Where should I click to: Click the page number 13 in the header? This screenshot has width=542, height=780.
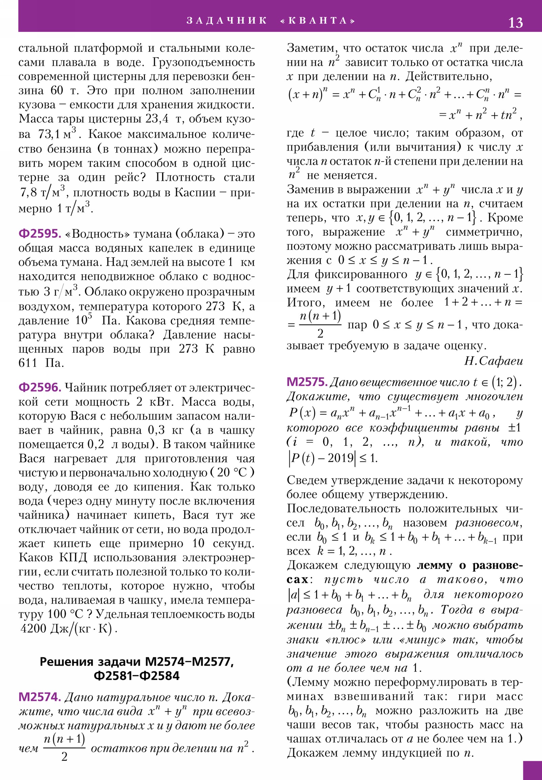point(515,23)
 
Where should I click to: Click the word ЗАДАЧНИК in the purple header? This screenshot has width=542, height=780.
point(227,21)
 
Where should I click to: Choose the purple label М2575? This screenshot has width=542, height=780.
point(307,382)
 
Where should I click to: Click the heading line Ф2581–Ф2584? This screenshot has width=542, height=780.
point(137,676)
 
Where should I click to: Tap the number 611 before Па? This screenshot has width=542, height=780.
point(27,363)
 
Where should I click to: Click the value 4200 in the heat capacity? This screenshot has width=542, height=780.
point(33,629)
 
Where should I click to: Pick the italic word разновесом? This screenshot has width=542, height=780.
point(488,523)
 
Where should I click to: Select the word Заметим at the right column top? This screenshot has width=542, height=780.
point(311,48)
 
